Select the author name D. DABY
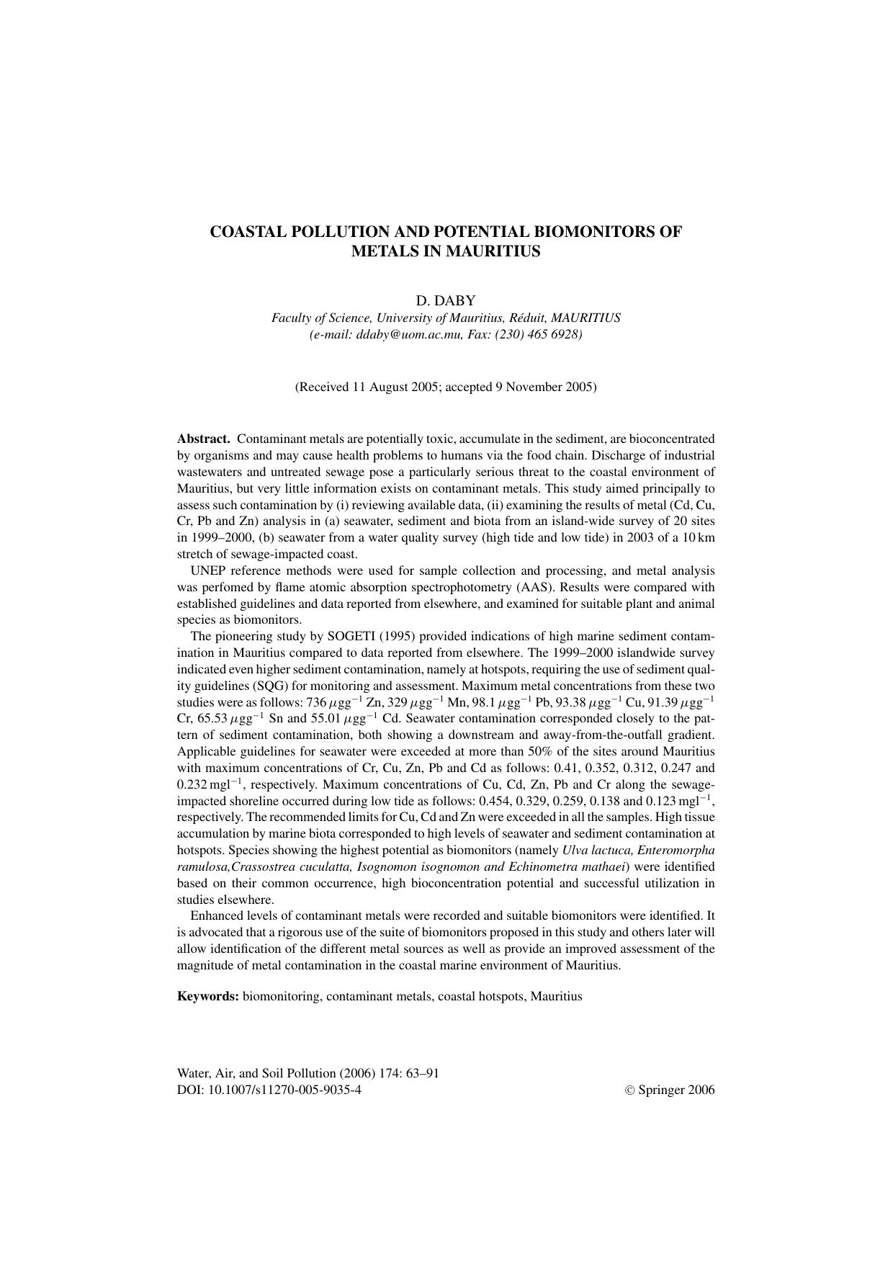tap(446, 300)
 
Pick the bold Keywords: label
tap(208, 997)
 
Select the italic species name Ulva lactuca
tap(597, 850)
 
